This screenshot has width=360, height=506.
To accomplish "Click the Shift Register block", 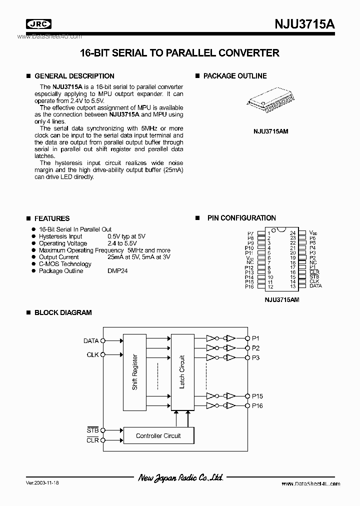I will (x=135, y=372).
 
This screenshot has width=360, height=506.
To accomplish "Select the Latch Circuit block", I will (x=182, y=372).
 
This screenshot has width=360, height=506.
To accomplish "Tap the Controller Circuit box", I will (x=158, y=435).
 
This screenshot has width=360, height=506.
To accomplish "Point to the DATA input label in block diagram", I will (x=90, y=341).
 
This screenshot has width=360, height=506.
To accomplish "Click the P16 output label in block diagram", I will (x=257, y=405).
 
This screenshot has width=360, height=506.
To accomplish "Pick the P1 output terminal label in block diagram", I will (x=255, y=338).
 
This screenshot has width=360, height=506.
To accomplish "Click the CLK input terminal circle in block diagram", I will (x=102, y=355).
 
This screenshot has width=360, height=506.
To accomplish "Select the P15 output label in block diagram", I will (x=257, y=396).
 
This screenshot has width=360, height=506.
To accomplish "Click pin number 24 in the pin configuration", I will (x=292, y=233).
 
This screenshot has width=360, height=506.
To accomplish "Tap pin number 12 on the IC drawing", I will (x=270, y=286).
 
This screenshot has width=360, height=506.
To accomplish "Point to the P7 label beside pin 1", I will (x=250, y=233).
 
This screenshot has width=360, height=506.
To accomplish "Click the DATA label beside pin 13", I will (x=315, y=286).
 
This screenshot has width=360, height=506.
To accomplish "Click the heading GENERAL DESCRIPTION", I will (x=74, y=76).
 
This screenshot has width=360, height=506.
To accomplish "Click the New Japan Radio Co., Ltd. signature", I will (x=180, y=478).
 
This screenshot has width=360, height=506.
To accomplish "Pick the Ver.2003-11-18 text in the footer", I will (x=43, y=483).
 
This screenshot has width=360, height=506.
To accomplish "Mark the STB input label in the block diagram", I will (x=92, y=430).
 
